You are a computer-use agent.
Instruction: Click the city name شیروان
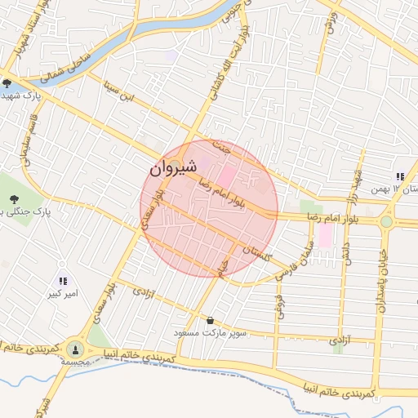pyautogui.click(x=173, y=169)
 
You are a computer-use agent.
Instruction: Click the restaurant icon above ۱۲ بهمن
pyautogui.click(x=400, y=176)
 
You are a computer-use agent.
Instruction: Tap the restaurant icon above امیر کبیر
pyautogui.click(x=63, y=280)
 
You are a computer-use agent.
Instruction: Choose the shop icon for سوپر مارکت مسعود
pyautogui.click(x=211, y=321)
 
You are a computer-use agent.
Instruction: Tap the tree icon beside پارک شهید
pyautogui.click(x=7, y=82)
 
